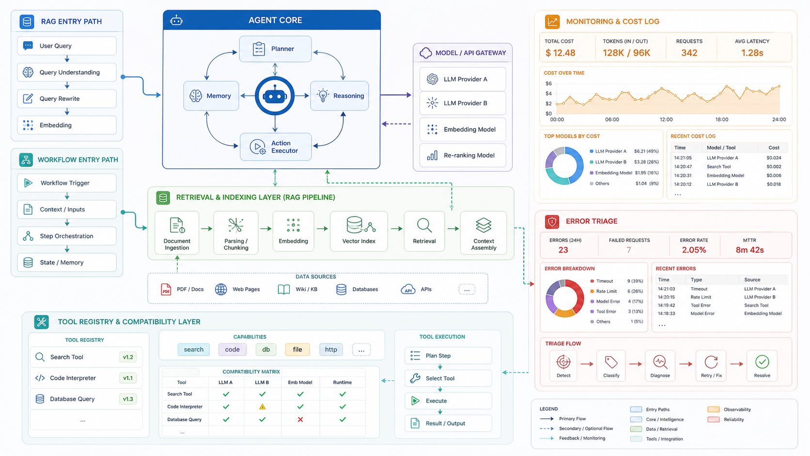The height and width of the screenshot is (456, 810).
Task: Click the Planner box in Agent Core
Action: pos(275,49)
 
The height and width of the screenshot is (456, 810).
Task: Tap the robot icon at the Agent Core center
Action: pos(275,96)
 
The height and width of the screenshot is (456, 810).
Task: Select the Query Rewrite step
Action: pos(67,99)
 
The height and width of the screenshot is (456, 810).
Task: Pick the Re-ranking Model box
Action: pos(463,156)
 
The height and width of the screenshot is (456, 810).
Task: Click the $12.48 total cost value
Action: pos(560,53)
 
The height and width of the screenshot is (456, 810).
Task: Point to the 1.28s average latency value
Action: pos(752,53)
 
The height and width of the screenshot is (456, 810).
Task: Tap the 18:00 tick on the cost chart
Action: pos(721,120)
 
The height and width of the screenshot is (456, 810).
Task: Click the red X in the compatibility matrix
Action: pos(300,420)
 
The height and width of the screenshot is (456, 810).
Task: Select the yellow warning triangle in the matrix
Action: pos(262,407)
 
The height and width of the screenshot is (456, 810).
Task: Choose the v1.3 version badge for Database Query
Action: pos(127,399)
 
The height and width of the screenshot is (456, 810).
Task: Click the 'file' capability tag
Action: pos(297,349)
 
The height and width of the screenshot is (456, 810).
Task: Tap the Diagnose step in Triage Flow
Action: pos(660,365)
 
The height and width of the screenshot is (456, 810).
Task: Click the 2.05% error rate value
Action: pos(694,250)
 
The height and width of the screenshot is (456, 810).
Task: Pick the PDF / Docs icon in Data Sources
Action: pos(166,289)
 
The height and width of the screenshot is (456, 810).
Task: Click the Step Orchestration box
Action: pos(67,236)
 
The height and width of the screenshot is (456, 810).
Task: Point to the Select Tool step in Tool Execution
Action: pos(449,378)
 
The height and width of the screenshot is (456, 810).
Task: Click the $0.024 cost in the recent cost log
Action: pos(774,158)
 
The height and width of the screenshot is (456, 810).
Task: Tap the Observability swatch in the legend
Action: pos(714,409)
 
